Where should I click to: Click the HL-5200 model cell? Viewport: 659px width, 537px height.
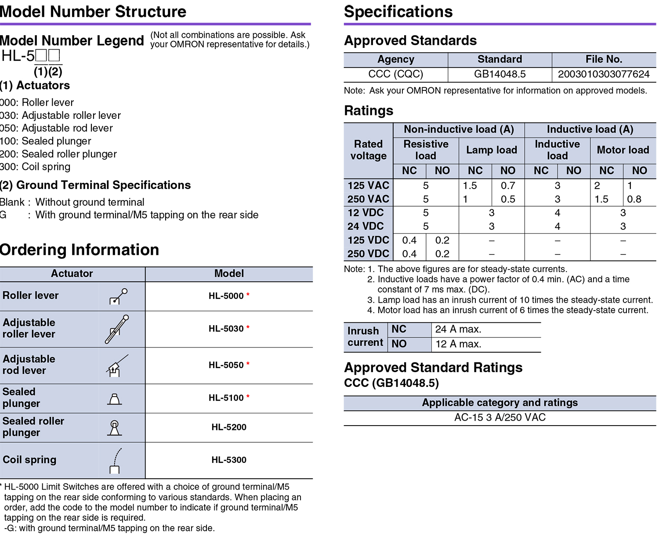pyautogui.click(x=229, y=427)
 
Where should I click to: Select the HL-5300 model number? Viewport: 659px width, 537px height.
pyautogui.click(x=229, y=460)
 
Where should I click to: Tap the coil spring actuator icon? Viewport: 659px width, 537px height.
pyautogui.click(x=115, y=461)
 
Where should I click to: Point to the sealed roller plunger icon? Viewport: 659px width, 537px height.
pyautogui.click(x=115, y=428)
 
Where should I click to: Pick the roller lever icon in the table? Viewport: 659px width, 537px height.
pyautogui.click(x=118, y=297)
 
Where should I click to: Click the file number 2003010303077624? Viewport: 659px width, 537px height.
pyautogui.click(x=604, y=74)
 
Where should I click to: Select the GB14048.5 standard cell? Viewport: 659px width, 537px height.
pyautogui.click(x=500, y=74)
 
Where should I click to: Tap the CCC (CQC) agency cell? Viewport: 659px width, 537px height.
pyautogui.click(x=395, y=74)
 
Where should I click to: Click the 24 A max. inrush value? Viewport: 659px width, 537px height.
pyautogui.click(x=458, y=329)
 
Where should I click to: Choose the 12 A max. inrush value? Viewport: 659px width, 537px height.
pyautogui.click(x=458, y=344)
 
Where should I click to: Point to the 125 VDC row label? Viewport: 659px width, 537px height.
pyautogui.click(x=368, y=240)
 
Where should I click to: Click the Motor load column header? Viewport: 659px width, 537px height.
pyautogui.click(x=623, y=150)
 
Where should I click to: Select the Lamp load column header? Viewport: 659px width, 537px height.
pyautogui.click(x=491, y=150)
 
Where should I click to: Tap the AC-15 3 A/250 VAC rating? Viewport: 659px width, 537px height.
pyautogui.click(x=500, y=418)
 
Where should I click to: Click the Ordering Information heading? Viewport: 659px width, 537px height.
pyautogui.click(x=80, y=250)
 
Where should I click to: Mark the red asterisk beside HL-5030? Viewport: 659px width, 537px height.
pyautogui.click(x=248, y=327)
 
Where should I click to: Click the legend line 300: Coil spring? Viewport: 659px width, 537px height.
pyautogui.click(x=35, y=167)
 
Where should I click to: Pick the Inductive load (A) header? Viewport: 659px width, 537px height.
pyautogui.click(x=590, y=129)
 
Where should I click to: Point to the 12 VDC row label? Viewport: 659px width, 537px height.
pyautogui.click(x=366, y=213)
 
